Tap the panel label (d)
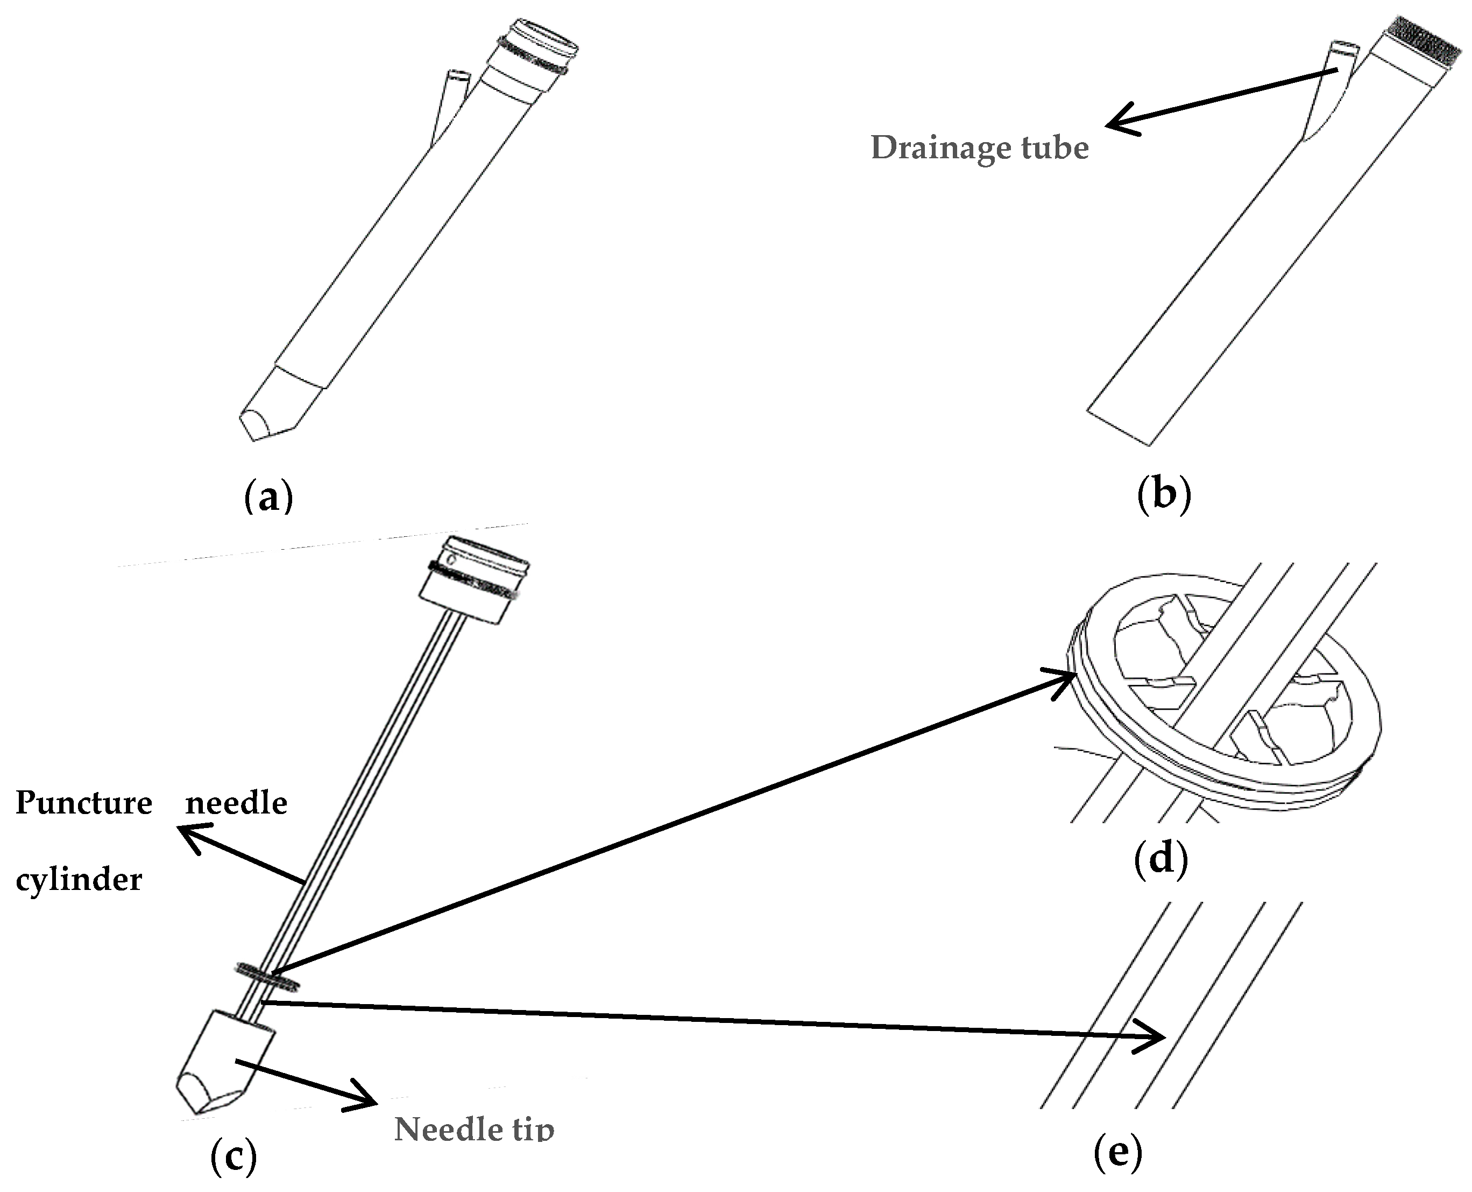click(x=1160, y=859)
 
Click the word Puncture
click(x=84, y=803)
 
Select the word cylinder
click(x=79, y=880)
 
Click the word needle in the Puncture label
click(x=236, y=803)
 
